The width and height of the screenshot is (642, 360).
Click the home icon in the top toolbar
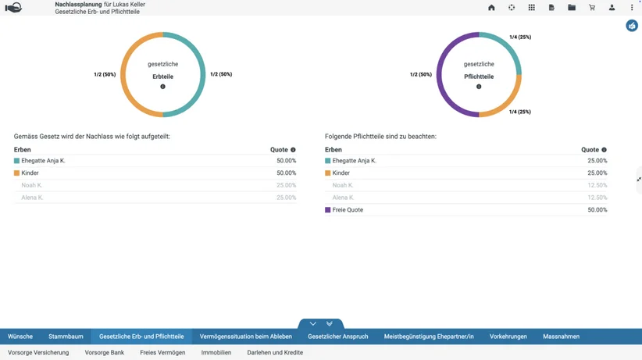(491, 7)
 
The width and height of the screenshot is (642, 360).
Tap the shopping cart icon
(592, 7)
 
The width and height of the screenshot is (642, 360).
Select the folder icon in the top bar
(572, 7)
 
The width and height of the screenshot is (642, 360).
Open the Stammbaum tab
(66, 337)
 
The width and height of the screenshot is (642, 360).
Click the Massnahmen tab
(561, 337)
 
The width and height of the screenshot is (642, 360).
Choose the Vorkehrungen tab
(508, 337)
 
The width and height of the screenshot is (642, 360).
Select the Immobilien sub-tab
(216, 352)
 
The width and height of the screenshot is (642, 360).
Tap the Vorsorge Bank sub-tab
(105, 352)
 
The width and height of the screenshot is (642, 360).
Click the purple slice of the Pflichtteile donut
(440, 74)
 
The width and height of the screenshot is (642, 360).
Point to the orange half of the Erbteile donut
(123, 74)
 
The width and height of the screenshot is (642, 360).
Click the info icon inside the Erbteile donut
(163, 87)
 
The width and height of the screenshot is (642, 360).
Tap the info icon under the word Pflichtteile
(479, 87)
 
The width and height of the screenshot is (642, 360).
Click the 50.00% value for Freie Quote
(597, 210)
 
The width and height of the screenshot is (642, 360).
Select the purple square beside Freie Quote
(327, 210)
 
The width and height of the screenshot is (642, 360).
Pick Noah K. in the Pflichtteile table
(343, 185)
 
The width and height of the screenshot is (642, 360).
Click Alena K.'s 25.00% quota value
(286, 198)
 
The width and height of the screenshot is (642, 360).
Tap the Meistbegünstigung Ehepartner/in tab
(429, 337)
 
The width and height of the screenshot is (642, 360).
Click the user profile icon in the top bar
(612, 7)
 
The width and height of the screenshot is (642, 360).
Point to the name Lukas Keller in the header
(129, 4)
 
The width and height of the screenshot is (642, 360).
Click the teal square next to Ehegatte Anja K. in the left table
(16, 161)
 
